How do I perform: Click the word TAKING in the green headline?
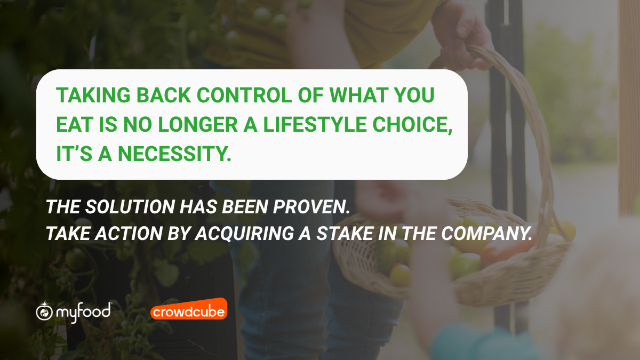tap(93, 95)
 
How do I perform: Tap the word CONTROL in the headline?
tap(244, 95)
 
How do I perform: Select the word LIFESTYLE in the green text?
tap(315, 125)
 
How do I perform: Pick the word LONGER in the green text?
tap(198, 125)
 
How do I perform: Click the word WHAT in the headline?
tap(358, 95)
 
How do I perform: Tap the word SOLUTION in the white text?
tap(130, 206)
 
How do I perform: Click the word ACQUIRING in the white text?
tap(245, 234)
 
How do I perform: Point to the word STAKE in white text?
tap(345, 234)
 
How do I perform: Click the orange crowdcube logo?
tap(189, 309)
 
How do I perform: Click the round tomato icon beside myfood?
tap(44, 311)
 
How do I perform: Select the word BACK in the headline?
tap(164, 95)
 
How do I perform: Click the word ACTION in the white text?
tap(129, 234)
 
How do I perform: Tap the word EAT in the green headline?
tap(75, 125)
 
